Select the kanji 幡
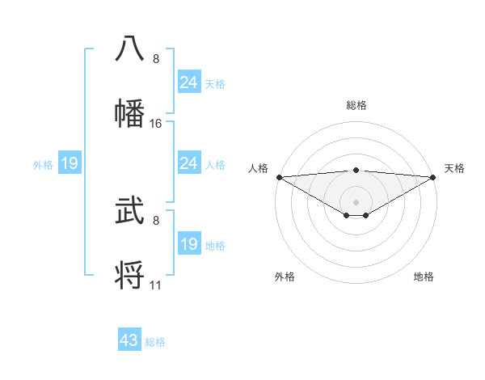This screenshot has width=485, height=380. [x=129, y=112]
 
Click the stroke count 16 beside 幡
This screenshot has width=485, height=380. [x=156, y=124]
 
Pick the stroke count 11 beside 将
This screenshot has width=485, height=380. [x=156, y=285]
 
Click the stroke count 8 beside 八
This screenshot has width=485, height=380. [x=156, y=59]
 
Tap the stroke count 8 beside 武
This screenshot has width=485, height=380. [x=156, y=220]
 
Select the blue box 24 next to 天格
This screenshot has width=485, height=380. [x=189, y=82]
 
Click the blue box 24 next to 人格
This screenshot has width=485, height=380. [x=189, y=163]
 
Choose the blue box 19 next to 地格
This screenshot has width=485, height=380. [x=189, y=243]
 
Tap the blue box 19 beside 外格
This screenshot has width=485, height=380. [x=70, y=164]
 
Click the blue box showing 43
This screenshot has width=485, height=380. [x=129, y=340]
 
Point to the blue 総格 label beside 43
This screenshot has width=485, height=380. [x=155, y=342]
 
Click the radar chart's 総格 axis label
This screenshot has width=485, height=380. [x=356, y=105]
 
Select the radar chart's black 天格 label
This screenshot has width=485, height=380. [x=454, y=168]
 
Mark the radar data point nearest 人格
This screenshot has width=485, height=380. [x=278, y=177]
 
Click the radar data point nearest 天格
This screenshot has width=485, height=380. [x=433, y=177]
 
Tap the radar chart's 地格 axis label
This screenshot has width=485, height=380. [x=424, y=277]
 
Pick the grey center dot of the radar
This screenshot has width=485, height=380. [x=356, y=201]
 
